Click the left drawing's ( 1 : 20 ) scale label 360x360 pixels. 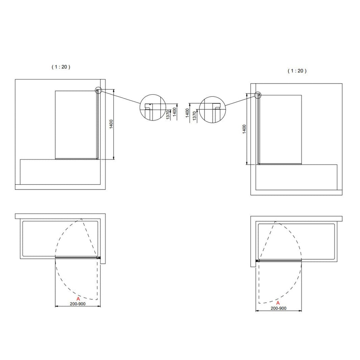(x=61, y=67)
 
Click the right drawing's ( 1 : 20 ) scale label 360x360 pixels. (x=297, y=71)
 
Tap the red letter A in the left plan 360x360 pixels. (x=78, y=299)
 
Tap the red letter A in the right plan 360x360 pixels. (x=278, y=303)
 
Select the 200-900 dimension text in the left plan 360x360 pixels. (x=77, y=304)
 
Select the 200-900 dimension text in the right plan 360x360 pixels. (x=278, y=309)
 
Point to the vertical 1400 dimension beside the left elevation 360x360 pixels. (x=111, y=124)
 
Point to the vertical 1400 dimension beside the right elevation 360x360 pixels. (x=244, y=129)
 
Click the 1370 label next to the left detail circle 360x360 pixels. (x=168, y=114)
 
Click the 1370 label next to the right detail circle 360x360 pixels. (x=195, y=116)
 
